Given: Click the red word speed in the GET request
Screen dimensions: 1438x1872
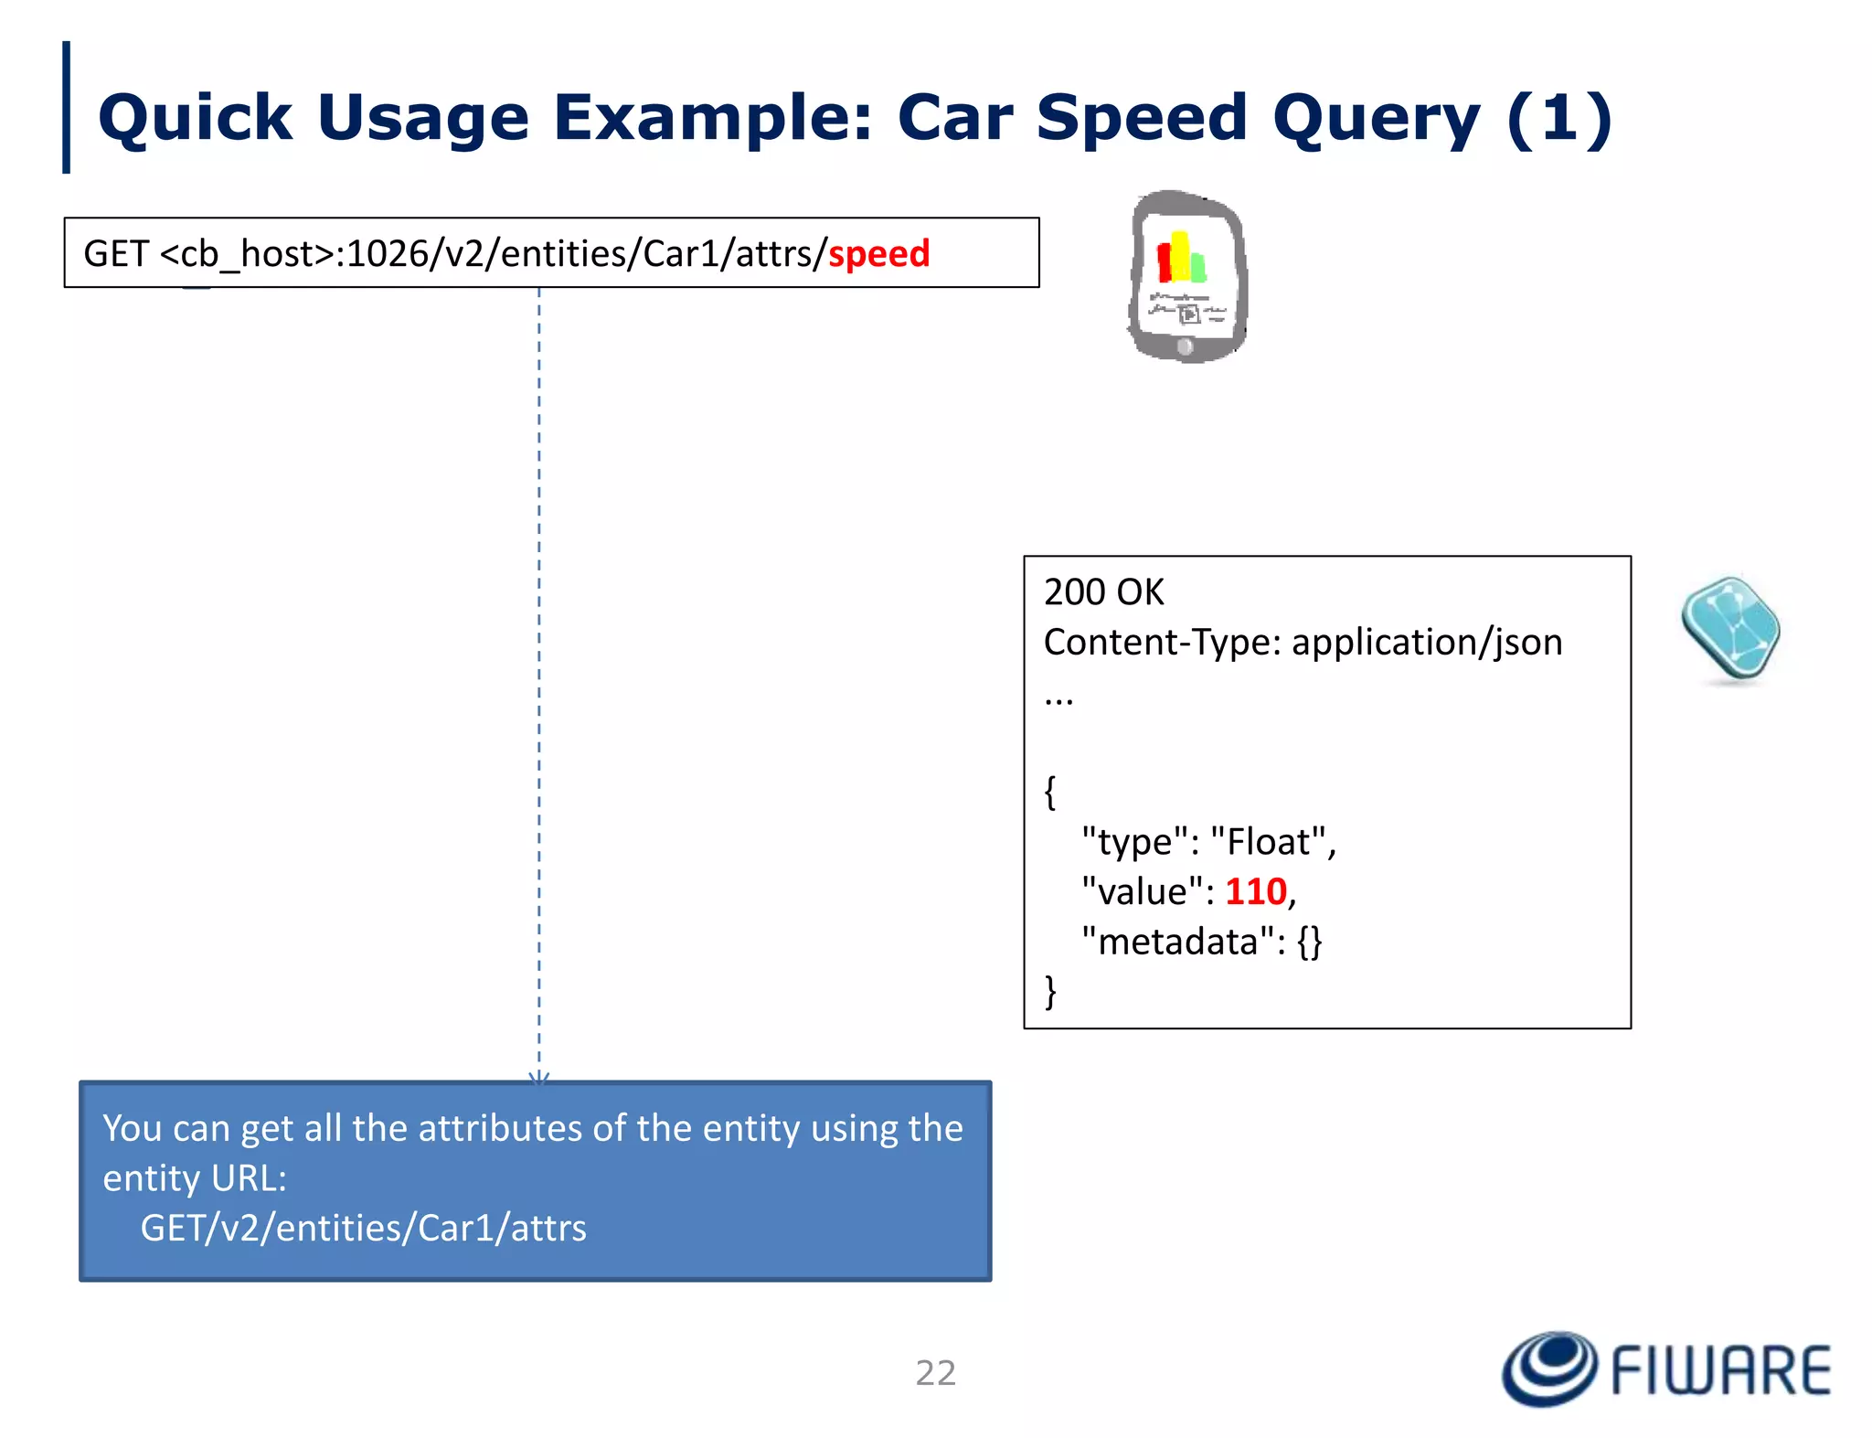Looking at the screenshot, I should pos(878,254).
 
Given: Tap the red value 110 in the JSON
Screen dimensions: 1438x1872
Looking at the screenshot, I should pos(1255,892).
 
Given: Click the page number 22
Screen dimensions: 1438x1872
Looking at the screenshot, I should pos(935,1373).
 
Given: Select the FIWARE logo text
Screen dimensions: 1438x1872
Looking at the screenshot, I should pos(1719,1371).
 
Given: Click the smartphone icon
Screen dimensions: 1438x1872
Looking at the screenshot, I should pos(1187,277).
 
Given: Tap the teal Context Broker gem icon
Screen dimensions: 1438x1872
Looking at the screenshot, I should pos(1730,630).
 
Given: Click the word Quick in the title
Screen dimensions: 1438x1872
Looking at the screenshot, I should pos(195,119).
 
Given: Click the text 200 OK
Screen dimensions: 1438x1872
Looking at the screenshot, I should pos(1103,592).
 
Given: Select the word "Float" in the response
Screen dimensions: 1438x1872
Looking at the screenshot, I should pos(1267,842).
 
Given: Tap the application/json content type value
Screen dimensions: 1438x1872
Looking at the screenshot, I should pos(1426,643).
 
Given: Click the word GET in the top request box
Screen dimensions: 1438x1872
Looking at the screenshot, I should pos(115,254).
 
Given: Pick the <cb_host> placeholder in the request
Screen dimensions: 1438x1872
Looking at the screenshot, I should pos(247,254).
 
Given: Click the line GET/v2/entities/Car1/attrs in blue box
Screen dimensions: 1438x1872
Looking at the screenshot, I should pos(363,1228).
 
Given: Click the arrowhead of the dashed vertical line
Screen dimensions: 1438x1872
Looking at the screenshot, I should pos(539,1078).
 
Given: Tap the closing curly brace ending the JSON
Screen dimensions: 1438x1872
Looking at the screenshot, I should pos(1050,992).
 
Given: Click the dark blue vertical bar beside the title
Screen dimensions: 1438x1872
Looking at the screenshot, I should pos(66,107).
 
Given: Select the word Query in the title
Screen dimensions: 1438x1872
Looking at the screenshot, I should pos(1376,119).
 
